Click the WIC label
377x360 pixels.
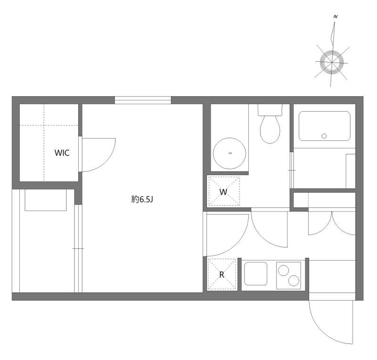[62, 153]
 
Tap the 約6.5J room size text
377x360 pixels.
[142, 199]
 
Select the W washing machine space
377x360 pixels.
[224, 191]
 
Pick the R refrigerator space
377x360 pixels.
[222, 274]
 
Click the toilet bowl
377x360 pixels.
[270, 130]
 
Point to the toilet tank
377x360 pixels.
[270, 110]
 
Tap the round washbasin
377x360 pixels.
[229, 153]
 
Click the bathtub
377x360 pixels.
[324, 126]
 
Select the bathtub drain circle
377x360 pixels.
[324, 136]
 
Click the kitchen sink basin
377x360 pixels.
[255, 274]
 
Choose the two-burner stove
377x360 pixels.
[288, 276]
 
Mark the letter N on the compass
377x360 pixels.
[336, 16]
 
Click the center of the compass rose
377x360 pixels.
[332, 62]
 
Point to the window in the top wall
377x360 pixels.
[143, 100]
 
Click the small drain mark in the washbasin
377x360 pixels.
[230, 153]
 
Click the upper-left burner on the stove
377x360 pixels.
[283, 270]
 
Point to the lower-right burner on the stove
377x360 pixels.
[294, 281]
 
